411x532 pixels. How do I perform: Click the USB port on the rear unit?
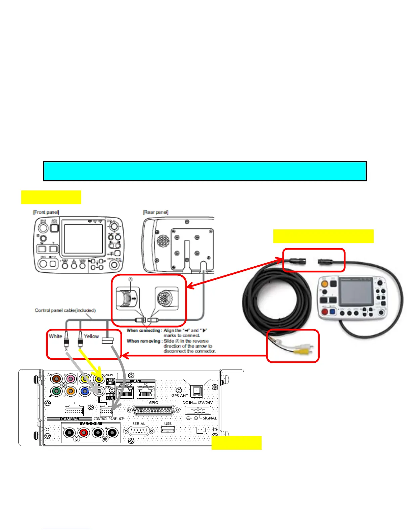coord(168,430)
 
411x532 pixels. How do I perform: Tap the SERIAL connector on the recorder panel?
coord(139,431)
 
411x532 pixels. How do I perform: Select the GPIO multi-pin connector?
coord(153,410)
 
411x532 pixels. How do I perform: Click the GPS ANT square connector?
coord(196,391)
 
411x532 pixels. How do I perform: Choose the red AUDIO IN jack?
coord(83,433)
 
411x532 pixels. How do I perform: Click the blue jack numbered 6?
coord(85,391)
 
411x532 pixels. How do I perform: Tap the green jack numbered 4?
coord(56,391)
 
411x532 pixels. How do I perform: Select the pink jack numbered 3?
coord(71,379)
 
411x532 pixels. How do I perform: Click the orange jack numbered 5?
coord(71,391)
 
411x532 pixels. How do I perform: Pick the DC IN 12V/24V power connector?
coord(198,410)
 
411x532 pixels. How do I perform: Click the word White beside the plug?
coord(55,336)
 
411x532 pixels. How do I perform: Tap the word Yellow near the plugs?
coord(91,336)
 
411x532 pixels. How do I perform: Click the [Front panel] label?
coord(46,212)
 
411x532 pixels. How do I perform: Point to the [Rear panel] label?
coord(155,212)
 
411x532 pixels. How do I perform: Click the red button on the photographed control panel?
coord(325,311)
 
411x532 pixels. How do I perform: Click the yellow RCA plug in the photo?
coord(300,351)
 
